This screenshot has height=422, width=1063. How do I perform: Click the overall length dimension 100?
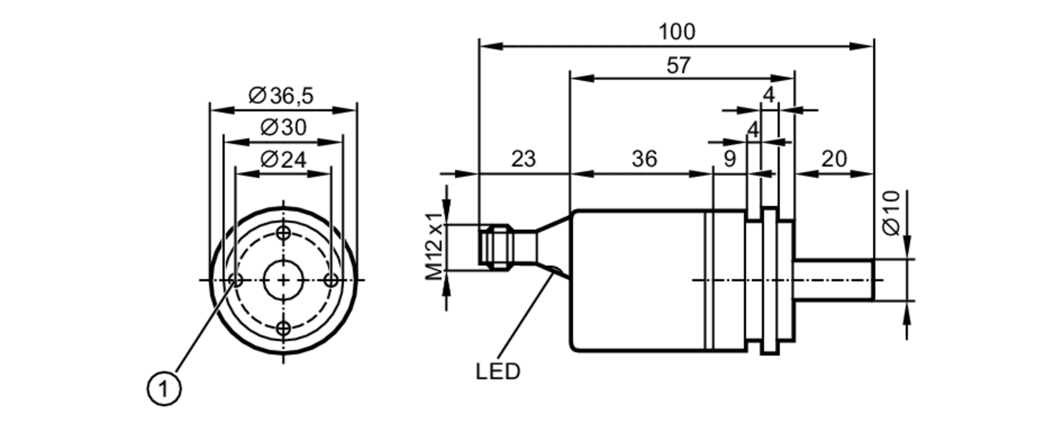pos(676,32)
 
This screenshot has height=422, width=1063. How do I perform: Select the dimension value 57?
pos(678,66)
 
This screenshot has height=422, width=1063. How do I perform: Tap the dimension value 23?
pos(524,159)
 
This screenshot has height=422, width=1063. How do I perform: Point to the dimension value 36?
pos(644,159)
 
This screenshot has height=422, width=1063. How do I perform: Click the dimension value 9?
pos(730,159)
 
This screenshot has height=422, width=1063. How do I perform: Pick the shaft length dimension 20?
pos(833,159)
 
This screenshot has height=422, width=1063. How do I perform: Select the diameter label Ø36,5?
pos(282,96)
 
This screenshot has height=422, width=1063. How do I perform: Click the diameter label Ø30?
pos(284,128)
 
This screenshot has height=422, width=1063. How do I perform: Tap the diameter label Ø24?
pos(284,160)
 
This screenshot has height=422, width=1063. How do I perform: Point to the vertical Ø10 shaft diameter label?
pos(891,213)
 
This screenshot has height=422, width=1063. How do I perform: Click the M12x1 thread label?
pos(434,246)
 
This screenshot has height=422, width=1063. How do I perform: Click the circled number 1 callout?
pos(164,390)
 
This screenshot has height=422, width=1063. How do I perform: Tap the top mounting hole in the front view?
pos(284,233)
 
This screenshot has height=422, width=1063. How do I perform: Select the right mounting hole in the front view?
pos(331,280)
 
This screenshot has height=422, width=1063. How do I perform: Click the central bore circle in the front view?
pos(283,280)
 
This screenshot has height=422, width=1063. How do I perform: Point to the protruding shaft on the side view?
pos(834,280)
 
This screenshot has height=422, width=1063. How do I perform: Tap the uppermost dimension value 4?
pos(769,95)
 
